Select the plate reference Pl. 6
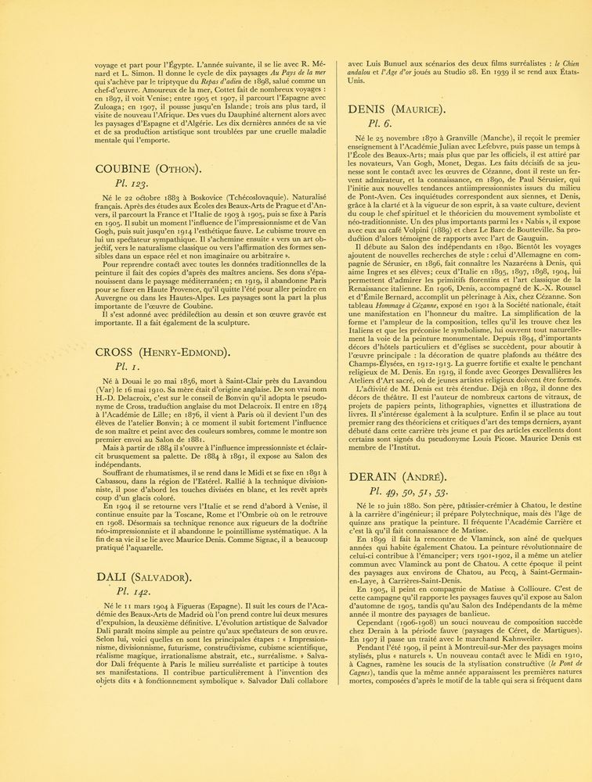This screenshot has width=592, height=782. [379, 124]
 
